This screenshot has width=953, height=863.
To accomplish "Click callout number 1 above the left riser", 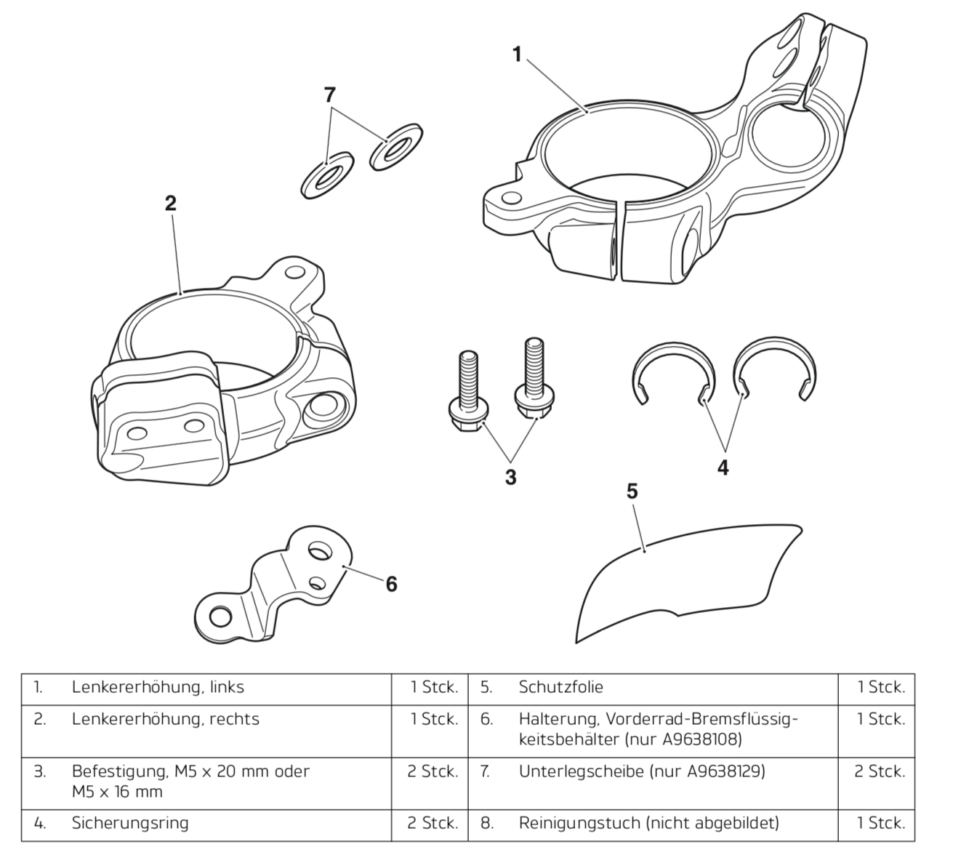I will (517, 54).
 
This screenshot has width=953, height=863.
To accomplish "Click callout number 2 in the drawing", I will (170, 203).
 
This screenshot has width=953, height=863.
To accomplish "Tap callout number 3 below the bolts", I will (510, 478).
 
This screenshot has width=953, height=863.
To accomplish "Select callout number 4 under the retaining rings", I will (723, 467).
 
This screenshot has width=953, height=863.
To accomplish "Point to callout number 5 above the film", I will (632, 491).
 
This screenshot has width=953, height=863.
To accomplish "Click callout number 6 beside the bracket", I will (391, 583).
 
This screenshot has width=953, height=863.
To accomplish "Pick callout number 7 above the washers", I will (330, 95).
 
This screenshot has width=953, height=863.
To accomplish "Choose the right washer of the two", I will (395, 148).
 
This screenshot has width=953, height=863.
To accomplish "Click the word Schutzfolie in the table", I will (560, 687).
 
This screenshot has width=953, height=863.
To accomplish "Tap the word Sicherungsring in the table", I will (130, 823).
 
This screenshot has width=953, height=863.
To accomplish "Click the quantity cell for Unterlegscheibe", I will (880, 771).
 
